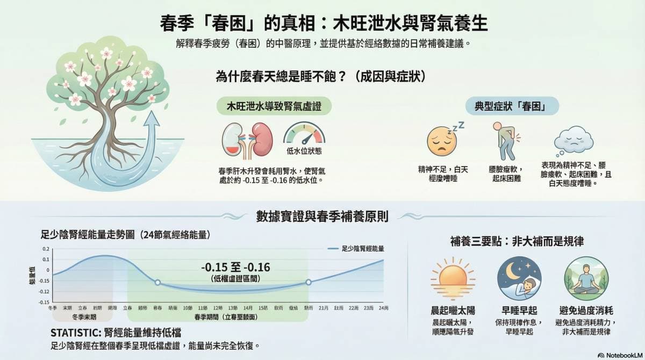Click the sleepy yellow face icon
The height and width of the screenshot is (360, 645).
pyautogui.click(x=441, y=141)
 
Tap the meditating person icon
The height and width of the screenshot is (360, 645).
pyautogui.click(x=585, y=278)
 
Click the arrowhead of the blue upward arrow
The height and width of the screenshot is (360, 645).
pyautogui.click(x=153, y=120)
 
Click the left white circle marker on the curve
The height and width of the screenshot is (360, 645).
pyautogui.click(x=157, y=282)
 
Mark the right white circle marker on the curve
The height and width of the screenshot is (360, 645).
pyautogui.click(x=309, y=282)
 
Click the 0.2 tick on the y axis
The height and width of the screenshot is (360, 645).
pyautogui.click(x=46, y=249)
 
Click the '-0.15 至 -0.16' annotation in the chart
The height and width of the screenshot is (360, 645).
pyautogui.click(x=235, y=268)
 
